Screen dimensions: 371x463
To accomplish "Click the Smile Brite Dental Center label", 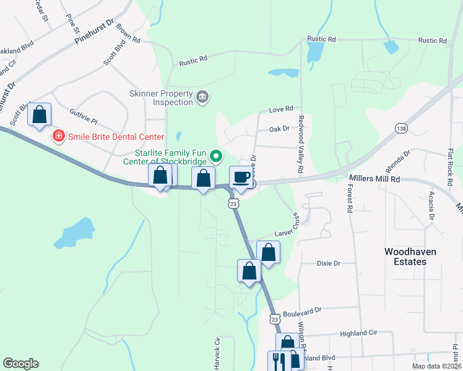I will (x=116, y=137).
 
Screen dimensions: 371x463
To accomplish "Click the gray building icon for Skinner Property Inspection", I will (x=202, y=97).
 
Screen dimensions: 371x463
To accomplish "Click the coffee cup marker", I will (x=241, y=177).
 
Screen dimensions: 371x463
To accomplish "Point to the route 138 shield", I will (x=400, y=127).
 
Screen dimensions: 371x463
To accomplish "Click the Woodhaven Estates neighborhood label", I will (x=405, y=257).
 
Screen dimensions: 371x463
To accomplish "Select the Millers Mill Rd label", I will (x=375, y=179).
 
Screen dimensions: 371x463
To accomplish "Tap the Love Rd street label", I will (x=281, y=109).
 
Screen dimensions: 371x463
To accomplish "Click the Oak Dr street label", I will (x=280, y=129).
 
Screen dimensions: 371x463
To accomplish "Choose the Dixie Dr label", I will (x=329, y=263).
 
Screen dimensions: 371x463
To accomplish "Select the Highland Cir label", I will (x=358, y=333).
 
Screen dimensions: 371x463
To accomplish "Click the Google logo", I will (x=20, y=364).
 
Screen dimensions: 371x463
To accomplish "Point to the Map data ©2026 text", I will (x=436, y=366).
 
